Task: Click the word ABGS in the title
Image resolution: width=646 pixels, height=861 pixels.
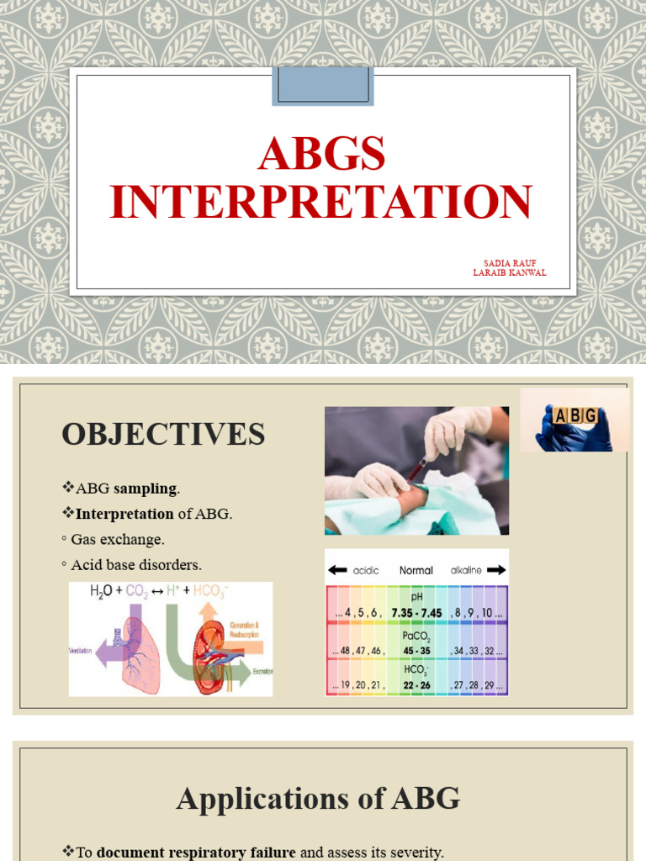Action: tap(322, 155)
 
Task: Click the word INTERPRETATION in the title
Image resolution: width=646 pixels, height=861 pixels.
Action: tap(322, 202)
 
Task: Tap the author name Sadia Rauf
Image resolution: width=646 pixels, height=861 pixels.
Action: tap(510, 262)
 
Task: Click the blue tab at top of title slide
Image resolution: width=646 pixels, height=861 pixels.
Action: tap(322, 86)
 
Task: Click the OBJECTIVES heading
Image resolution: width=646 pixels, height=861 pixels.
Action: tap(163, 435)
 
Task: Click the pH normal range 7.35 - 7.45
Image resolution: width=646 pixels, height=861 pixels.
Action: tap(416, 613)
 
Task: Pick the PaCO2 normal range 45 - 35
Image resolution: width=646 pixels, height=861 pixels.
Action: tap(416, 650)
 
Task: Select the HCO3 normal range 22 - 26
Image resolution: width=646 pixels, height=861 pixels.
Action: tap(416, 685)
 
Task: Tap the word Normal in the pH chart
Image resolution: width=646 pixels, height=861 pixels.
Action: tap(416, 570)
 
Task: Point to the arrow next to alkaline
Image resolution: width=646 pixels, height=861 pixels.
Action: tap(496, 570)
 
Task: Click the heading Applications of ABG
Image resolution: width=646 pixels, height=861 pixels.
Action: tap(318, 799)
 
